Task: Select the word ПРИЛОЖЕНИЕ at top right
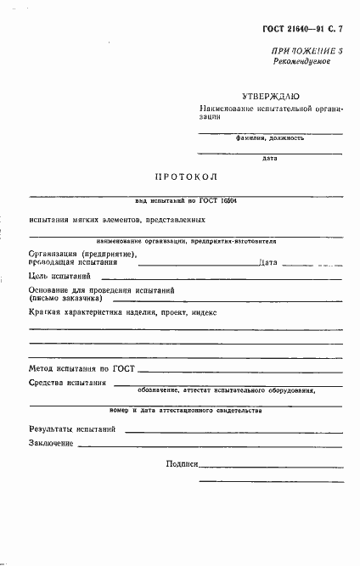(x=296, y=53)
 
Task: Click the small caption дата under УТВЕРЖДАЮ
(x=270, y=157)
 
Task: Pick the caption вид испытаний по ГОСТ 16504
(x=186, y=200)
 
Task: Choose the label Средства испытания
(x=67, y=384)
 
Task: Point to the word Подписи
(x=183, y=464)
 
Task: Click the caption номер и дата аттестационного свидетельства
(x=186, y=410)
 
